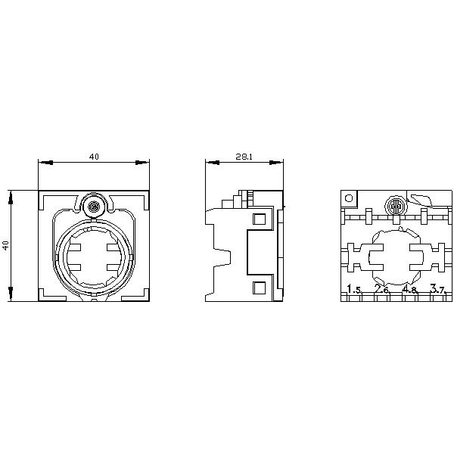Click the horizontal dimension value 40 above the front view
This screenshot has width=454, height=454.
tap(94, 157)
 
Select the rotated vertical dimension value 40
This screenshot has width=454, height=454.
tap(6, 245)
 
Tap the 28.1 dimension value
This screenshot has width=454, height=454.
tap(244, 157)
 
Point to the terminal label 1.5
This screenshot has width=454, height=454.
tap(354, 289)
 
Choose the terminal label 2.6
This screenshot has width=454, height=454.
tap(382, 289)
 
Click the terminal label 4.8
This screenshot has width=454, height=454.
tap(409, 289)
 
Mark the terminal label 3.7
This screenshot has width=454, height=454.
tap(437, 289)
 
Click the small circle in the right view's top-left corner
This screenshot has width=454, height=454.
tap(349, 198)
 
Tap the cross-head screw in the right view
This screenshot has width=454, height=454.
tap(396, 207)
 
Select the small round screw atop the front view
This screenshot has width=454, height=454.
tap(94, 207)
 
